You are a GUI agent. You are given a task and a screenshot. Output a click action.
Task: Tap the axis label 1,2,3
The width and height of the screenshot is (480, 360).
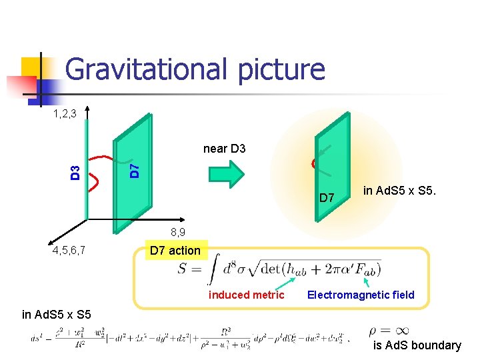coord(65,115)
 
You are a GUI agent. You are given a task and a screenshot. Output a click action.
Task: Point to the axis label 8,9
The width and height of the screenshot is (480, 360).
coord(178,233)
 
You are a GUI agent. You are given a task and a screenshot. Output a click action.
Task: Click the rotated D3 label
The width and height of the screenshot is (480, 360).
coord(76,172)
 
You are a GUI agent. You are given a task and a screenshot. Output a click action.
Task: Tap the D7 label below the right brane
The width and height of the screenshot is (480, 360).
coord(327,198)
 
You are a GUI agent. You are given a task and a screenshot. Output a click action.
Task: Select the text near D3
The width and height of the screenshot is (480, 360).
coord(224,149)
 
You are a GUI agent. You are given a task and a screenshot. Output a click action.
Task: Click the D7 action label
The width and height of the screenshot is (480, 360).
coord(175,251)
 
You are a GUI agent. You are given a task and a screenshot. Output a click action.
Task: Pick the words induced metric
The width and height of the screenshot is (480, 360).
coord(247,295)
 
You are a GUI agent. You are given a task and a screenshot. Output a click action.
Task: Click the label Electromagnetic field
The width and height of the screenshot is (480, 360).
coord(360,295)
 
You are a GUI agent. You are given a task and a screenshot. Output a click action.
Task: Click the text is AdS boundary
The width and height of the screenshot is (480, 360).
coord(417,345)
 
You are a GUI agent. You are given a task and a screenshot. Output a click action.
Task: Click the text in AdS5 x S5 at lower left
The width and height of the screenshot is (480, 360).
coord(56,315)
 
